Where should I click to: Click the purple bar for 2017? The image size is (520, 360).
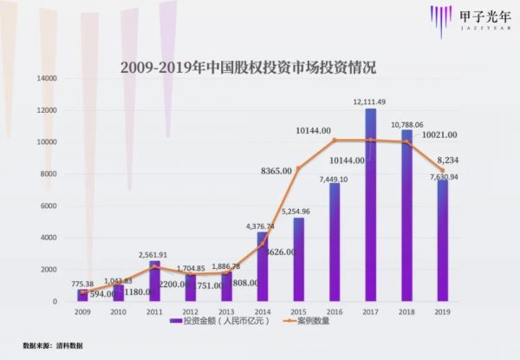(x=370, y=205)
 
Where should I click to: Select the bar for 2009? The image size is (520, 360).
(x=82, y=295)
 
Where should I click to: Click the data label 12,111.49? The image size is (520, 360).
(x=370, y=101)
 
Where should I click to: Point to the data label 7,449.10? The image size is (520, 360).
(x=334, y=178)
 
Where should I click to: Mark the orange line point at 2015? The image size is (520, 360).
(x=298, y=168)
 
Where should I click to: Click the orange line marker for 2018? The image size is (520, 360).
(x=406, y=142)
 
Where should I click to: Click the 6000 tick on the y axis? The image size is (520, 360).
(x=49, y=206)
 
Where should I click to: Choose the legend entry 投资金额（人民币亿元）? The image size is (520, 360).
(x=224, y=321)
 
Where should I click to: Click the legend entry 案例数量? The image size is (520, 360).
(x=313, y=321)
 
